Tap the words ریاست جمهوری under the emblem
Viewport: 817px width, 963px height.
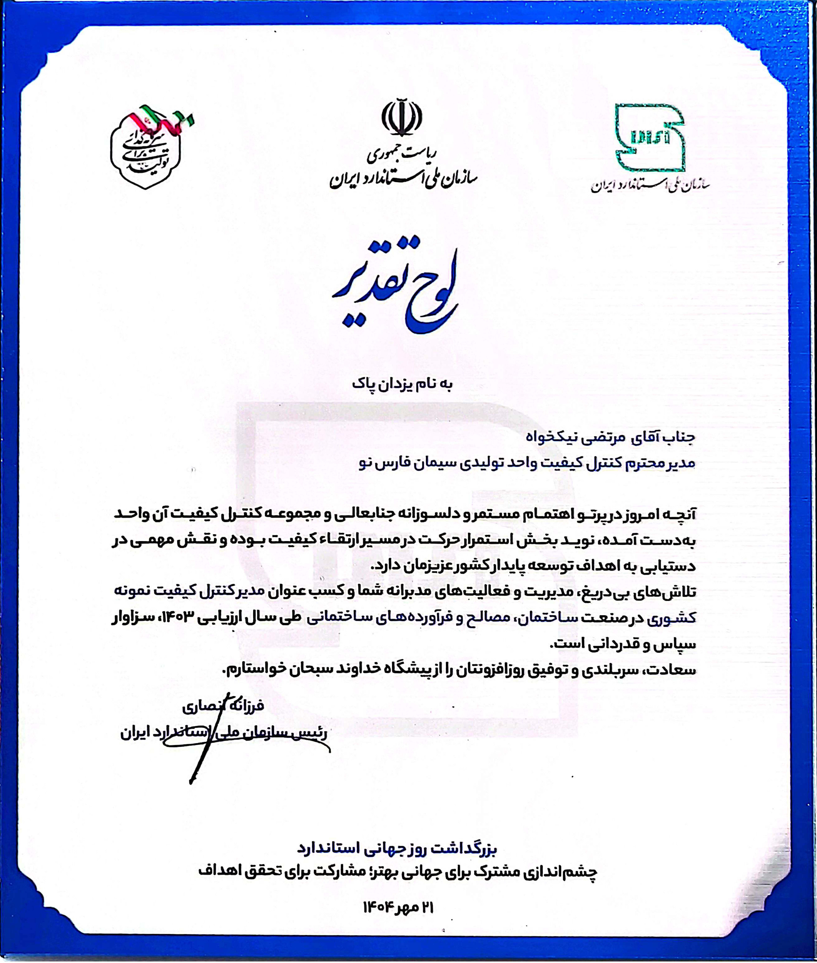coord(402,157)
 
